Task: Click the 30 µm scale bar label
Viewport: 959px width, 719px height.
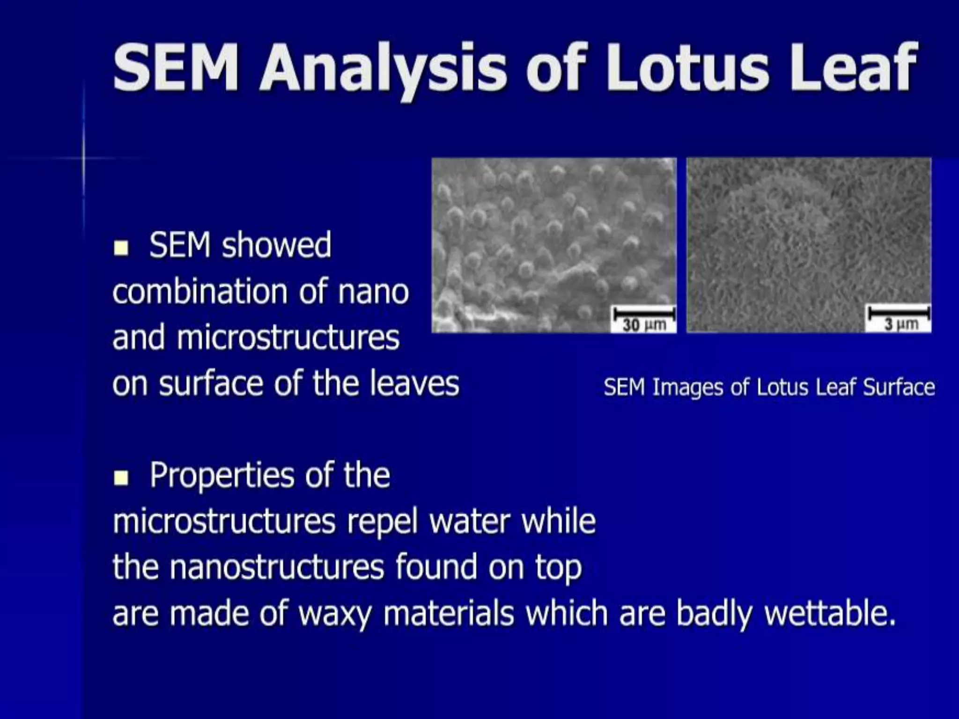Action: pos(644,324)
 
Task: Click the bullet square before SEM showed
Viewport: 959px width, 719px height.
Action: pos(121,248)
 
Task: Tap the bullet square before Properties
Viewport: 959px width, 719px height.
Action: pos(121,478)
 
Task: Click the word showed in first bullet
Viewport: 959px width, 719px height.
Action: pos(276,245)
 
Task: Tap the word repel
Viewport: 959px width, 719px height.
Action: pos(382,521)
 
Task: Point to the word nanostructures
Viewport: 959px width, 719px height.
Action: pos(276,567)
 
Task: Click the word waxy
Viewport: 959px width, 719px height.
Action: pos(335,613)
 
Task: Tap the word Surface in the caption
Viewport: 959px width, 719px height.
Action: pos(899,388)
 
